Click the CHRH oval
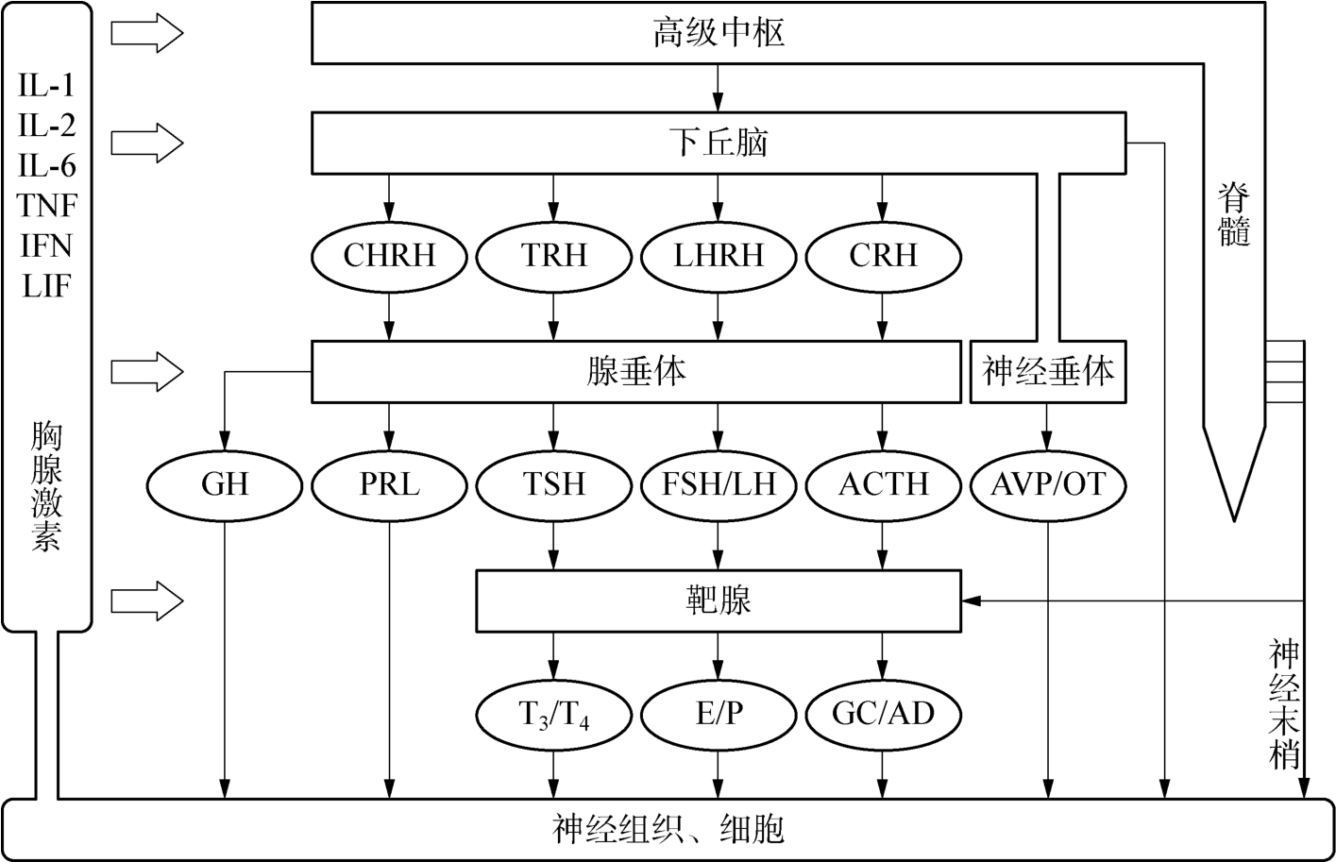[389, 256]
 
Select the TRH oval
[554, 256]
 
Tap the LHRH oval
[719, 256]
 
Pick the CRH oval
[883, 256]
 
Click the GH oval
[225, 484]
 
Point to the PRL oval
[389, 484]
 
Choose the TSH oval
[554, 484]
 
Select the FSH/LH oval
[719, 484]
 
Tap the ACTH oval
[883, 484]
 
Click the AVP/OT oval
[1048, 484]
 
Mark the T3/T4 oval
[554, 713]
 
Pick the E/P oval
[719, 713]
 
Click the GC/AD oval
[883, 713]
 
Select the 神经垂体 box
[1048, 371]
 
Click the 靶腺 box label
[719, 600]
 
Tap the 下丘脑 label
[719, 143]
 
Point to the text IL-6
[47, 166]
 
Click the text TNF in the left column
[47, 206]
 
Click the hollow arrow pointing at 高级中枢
[146, 33]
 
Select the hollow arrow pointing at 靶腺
[146, 600]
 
